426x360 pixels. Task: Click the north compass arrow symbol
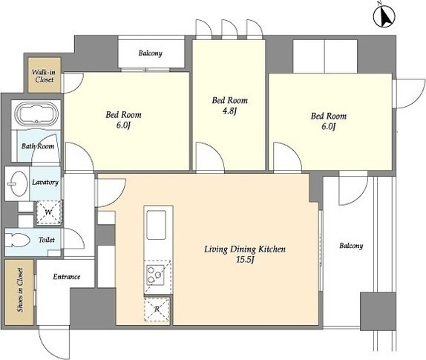pyautogui.click(x=384, y=16)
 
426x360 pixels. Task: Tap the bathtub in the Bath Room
pyautogui.click(x=36, y=114)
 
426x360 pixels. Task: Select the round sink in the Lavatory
pyautogui.click(x=17, y=183)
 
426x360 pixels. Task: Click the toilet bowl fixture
pyautogui.click(x=18, y=241)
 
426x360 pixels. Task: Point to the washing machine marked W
pyautogui.click(x=49, y=212)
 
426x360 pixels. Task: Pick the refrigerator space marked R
pyautogui.click(x=157, y=309)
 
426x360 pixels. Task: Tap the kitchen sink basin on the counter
pyautogui.click(x=156, y=225)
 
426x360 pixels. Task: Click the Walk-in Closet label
pyautogui.click(x=45, y=76)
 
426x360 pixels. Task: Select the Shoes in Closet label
pyautogui.click(x=20, y=290)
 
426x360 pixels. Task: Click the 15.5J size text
pyautogui.click(x=245, y=260)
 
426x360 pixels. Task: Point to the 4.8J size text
pyautogui.click(x=229, y=111)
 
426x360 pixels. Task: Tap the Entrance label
pyautogui.click(x=67, y=277)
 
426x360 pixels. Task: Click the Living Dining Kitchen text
pyautogui.click(x=245, y=249)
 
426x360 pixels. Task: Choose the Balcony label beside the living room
pyautogui.click(x=351, y=246)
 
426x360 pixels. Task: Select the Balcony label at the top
pyautogui.click(x=150, y=53)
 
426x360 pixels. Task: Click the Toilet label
pyautogui.click(x=47, y=240)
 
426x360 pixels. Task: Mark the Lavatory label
pyautogui.click(x=45, y=182)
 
